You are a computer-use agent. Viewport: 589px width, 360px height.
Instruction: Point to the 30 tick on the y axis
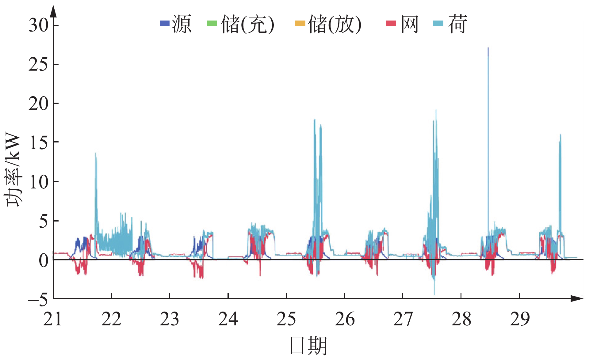[x=39, y=25]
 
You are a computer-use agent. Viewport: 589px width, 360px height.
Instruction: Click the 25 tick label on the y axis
[x=39, y=64]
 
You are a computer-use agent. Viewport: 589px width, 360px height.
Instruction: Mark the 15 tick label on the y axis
[x=39, y=142]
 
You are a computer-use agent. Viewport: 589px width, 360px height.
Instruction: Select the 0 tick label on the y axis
[x=44, y=260]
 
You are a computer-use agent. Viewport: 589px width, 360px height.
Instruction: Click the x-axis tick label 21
[x=53, y=319]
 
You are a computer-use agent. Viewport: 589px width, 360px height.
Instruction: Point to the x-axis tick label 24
[x=228, y=319]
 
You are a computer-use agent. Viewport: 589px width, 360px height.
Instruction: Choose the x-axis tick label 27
[x=403, y=319]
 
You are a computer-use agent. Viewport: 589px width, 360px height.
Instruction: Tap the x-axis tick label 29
[x=520, y=319]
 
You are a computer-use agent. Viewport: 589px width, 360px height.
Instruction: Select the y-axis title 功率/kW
[x=13, y=170]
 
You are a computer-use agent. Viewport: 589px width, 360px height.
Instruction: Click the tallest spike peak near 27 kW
[x=488, y=48]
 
